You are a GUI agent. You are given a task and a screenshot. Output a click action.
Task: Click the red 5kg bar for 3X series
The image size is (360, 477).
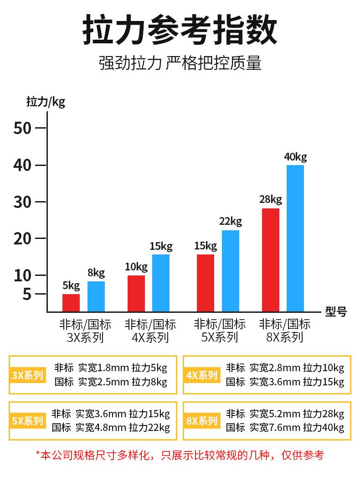71,303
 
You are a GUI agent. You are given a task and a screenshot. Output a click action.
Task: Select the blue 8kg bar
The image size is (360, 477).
96,296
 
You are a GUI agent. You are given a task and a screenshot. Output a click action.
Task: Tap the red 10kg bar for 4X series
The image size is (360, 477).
136,294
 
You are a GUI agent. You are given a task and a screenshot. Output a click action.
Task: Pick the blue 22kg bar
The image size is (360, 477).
230,271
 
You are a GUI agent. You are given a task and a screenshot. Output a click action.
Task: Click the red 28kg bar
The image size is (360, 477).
271,260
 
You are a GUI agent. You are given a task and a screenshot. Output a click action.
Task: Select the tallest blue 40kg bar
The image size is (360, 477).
295,238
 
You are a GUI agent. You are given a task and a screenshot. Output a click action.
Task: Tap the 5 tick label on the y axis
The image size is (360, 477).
27,294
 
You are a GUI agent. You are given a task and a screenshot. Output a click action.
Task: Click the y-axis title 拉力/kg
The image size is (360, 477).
46,101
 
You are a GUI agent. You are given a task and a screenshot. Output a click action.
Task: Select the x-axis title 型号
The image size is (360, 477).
336,312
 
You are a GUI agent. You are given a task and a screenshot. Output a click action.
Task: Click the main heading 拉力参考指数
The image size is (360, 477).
180,31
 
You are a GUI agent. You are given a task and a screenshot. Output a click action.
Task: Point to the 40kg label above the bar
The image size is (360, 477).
295,157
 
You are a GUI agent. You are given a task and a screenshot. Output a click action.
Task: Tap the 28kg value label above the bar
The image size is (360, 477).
271,199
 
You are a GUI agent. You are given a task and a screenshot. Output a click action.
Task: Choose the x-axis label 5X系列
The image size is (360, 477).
220,337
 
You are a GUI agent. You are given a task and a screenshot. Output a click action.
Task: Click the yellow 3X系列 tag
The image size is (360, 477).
27,375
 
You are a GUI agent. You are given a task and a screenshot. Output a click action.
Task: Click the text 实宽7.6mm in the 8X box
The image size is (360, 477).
275,428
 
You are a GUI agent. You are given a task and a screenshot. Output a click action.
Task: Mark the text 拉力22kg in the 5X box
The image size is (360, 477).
149,428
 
